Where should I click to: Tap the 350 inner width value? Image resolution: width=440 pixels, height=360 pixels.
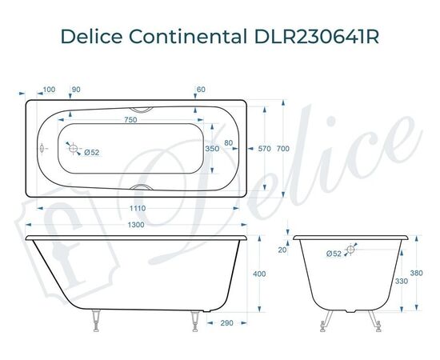coord(212,149)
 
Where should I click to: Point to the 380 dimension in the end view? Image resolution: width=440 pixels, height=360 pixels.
coord(415,272)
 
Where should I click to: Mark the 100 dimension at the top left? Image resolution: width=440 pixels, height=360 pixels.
coord(48,89)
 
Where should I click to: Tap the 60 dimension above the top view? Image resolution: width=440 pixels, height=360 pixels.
coord(201,89)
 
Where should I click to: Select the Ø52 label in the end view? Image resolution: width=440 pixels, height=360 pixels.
coord(334,254)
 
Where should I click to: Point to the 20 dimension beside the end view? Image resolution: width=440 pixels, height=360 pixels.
coord(282,250)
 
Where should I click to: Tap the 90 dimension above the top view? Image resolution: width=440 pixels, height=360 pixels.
coord(77,89)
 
